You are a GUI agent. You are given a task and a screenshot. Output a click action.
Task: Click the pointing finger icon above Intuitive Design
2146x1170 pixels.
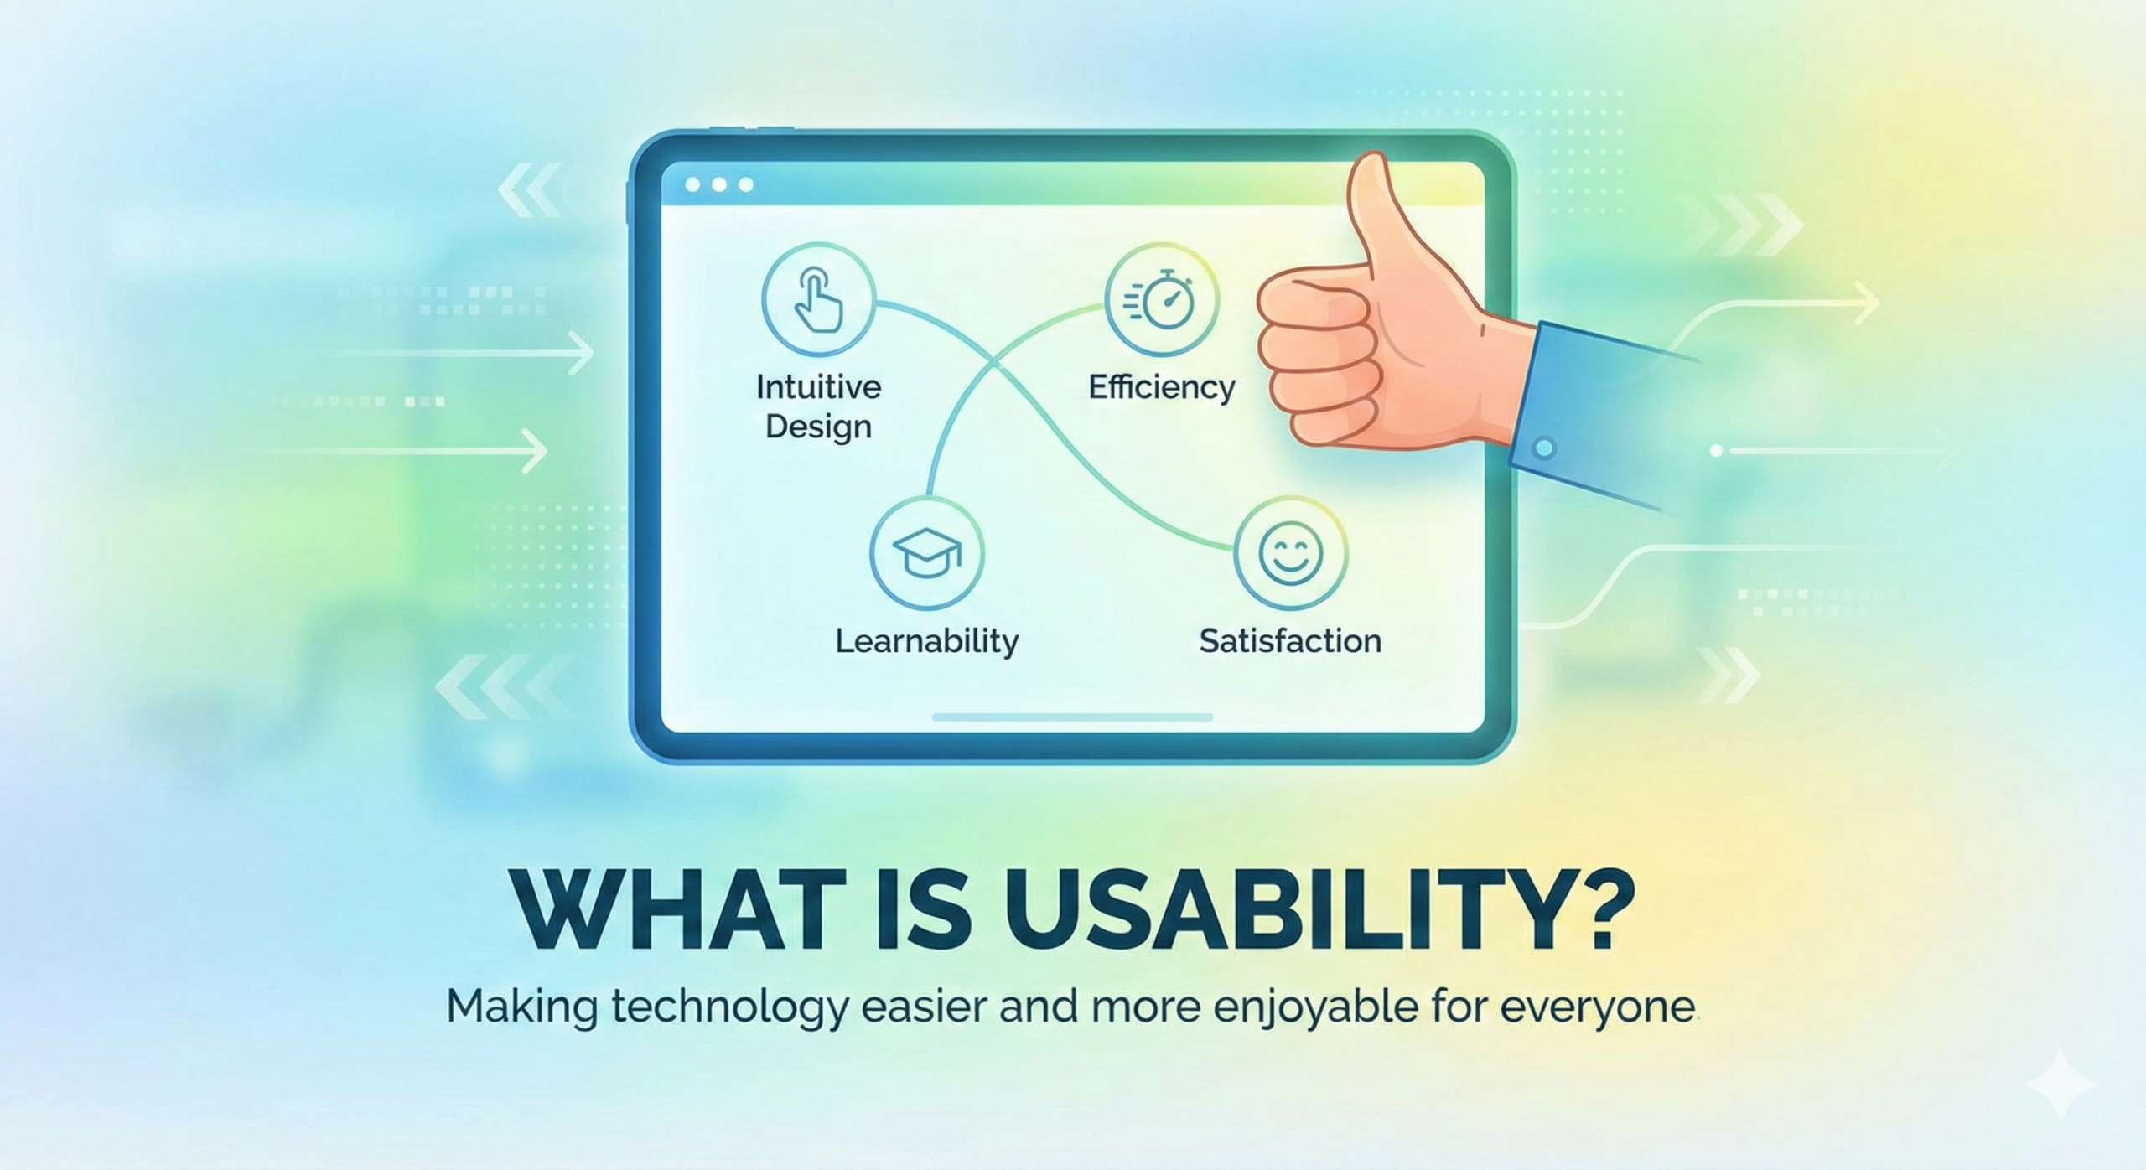tap(818, 299)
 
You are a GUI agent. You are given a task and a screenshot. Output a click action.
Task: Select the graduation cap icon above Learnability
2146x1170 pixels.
tap(926, 553)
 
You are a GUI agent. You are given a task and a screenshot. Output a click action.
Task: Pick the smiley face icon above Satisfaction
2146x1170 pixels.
tap(1291, 552)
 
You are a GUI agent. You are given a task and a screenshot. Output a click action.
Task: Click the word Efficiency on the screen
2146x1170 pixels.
tap(1162, 387)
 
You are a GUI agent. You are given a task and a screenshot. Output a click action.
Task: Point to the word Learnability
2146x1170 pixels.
tap(927, 641)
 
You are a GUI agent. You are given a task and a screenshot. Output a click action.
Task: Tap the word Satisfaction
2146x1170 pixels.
tap(1290, 641)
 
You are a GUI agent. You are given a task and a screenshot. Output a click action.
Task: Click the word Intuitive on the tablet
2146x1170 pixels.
tap(818, 387)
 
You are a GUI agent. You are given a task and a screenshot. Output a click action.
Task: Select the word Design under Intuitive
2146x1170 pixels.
tap(818, 427)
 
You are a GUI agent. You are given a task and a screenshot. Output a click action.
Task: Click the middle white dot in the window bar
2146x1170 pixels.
tap(719, 184)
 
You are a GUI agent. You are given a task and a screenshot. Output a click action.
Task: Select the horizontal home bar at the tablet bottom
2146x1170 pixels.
tap(1073, 717)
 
